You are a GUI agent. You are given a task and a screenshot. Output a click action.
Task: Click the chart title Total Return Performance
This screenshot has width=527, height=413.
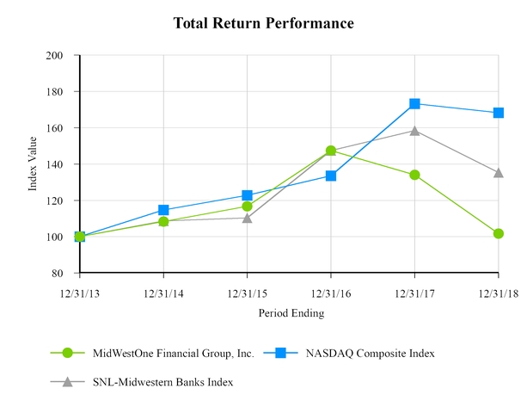pos(263,23)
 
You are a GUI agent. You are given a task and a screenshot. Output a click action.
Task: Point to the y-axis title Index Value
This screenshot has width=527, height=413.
pos(34,164)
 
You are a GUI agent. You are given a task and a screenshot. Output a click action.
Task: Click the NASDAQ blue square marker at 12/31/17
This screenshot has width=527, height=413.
pos(414,103)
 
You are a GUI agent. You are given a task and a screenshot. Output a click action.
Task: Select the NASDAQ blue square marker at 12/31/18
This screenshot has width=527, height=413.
pos(499,113)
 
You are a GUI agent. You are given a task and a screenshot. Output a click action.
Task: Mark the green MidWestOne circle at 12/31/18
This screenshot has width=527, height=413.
pos(499,233)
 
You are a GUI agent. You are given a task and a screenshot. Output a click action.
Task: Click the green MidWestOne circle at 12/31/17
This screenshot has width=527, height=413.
pos(414,175)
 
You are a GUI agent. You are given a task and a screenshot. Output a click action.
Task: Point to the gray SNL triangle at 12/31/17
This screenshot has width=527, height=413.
pos(414,131)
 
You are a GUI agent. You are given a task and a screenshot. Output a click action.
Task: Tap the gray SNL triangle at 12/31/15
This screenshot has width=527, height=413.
pos(248,218)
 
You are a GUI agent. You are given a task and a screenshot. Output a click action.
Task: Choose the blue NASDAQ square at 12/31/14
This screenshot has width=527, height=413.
pos(163,210)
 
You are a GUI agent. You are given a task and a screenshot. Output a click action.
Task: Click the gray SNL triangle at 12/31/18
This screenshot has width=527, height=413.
pos(499,172)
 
